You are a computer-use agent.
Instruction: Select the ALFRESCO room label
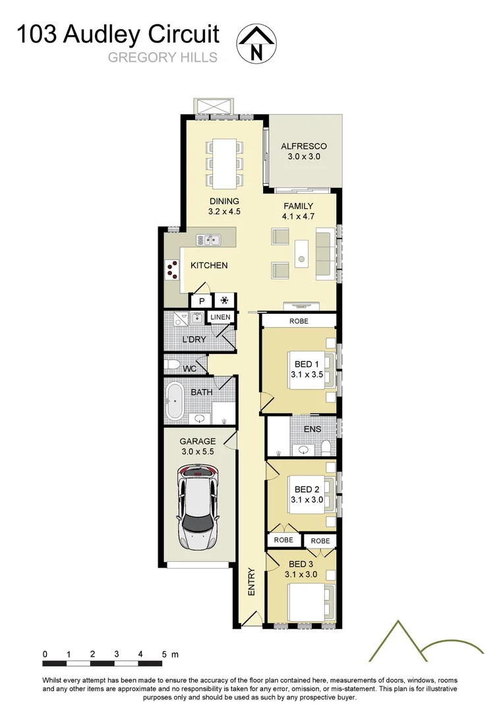(303, 146)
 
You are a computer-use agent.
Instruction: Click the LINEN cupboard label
(220, 317)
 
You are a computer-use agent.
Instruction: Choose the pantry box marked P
(201, 301)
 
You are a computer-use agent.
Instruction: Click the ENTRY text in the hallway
(251, 582)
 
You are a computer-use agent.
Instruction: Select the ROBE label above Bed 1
(299, 321)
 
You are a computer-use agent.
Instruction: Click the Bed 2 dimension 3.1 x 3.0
(307, 500)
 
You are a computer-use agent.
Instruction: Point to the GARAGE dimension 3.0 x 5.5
(198, 452)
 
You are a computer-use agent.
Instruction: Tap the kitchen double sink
(212, 240)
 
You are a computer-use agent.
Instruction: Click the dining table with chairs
(224, 162)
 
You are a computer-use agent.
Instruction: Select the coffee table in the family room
(301, 251)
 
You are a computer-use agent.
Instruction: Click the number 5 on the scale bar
(164, 655)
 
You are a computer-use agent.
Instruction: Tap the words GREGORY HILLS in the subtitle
(162, 58)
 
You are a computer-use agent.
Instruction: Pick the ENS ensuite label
(312, 429)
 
